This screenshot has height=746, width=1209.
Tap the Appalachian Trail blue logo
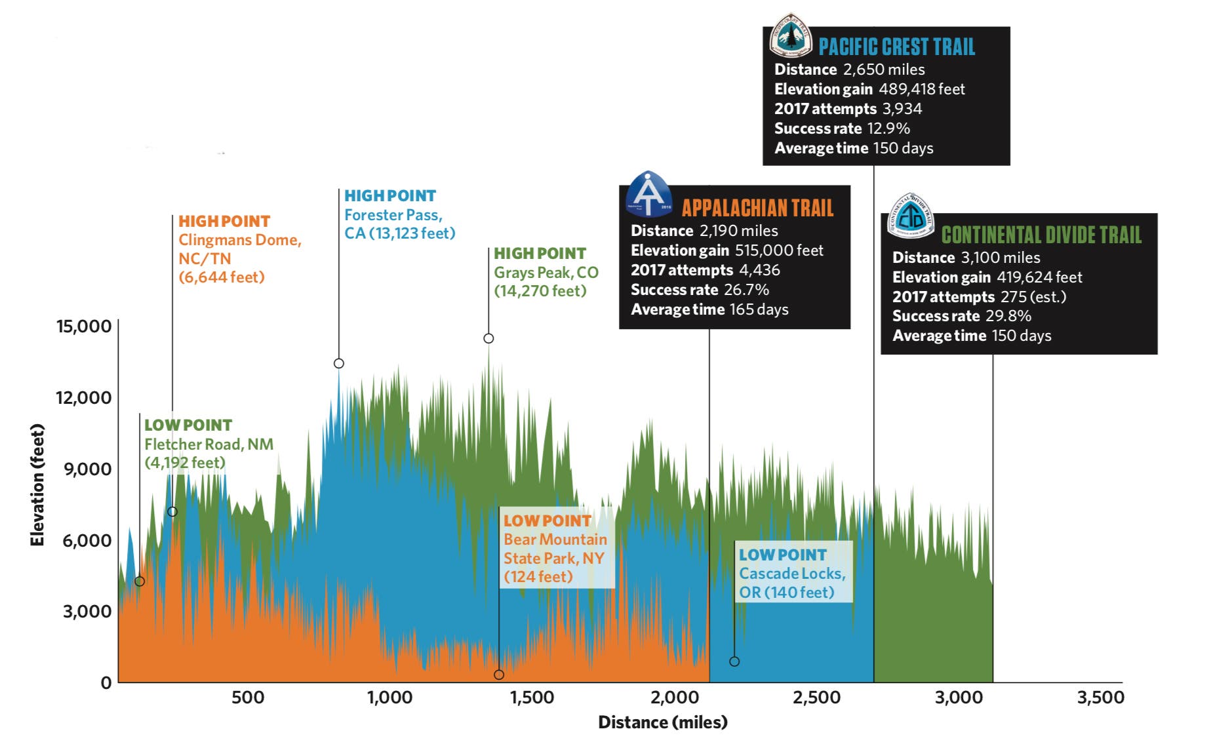pos(648,194)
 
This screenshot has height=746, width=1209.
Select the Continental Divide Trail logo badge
pos(910,216)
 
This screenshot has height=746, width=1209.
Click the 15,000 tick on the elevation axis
pos(84,326)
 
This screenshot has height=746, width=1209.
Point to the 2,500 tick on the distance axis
pos(816,697)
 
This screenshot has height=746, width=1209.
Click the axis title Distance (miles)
pos(662,722)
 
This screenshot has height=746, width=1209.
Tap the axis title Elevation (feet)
pos(37,485)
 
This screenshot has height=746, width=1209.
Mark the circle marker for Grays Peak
pos(488,338)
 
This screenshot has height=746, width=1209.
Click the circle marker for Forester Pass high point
pos(339,363)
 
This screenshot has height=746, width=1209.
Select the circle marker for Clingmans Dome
pos(172,511)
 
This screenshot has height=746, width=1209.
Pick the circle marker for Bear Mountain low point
pos(499,675)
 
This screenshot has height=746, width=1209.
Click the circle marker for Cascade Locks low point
pos(734,661)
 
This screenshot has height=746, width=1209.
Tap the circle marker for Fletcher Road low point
pos(140,581)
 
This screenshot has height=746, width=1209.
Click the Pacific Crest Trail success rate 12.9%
pos(888,128)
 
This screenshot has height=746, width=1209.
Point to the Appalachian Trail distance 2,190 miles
pos(738,231)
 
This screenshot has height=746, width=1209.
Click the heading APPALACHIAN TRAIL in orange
pos(757,208)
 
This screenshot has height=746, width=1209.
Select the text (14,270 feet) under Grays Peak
pos(540,291)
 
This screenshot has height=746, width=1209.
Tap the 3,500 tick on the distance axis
pos(1100,697)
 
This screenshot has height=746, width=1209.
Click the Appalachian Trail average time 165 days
pos(759,309)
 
